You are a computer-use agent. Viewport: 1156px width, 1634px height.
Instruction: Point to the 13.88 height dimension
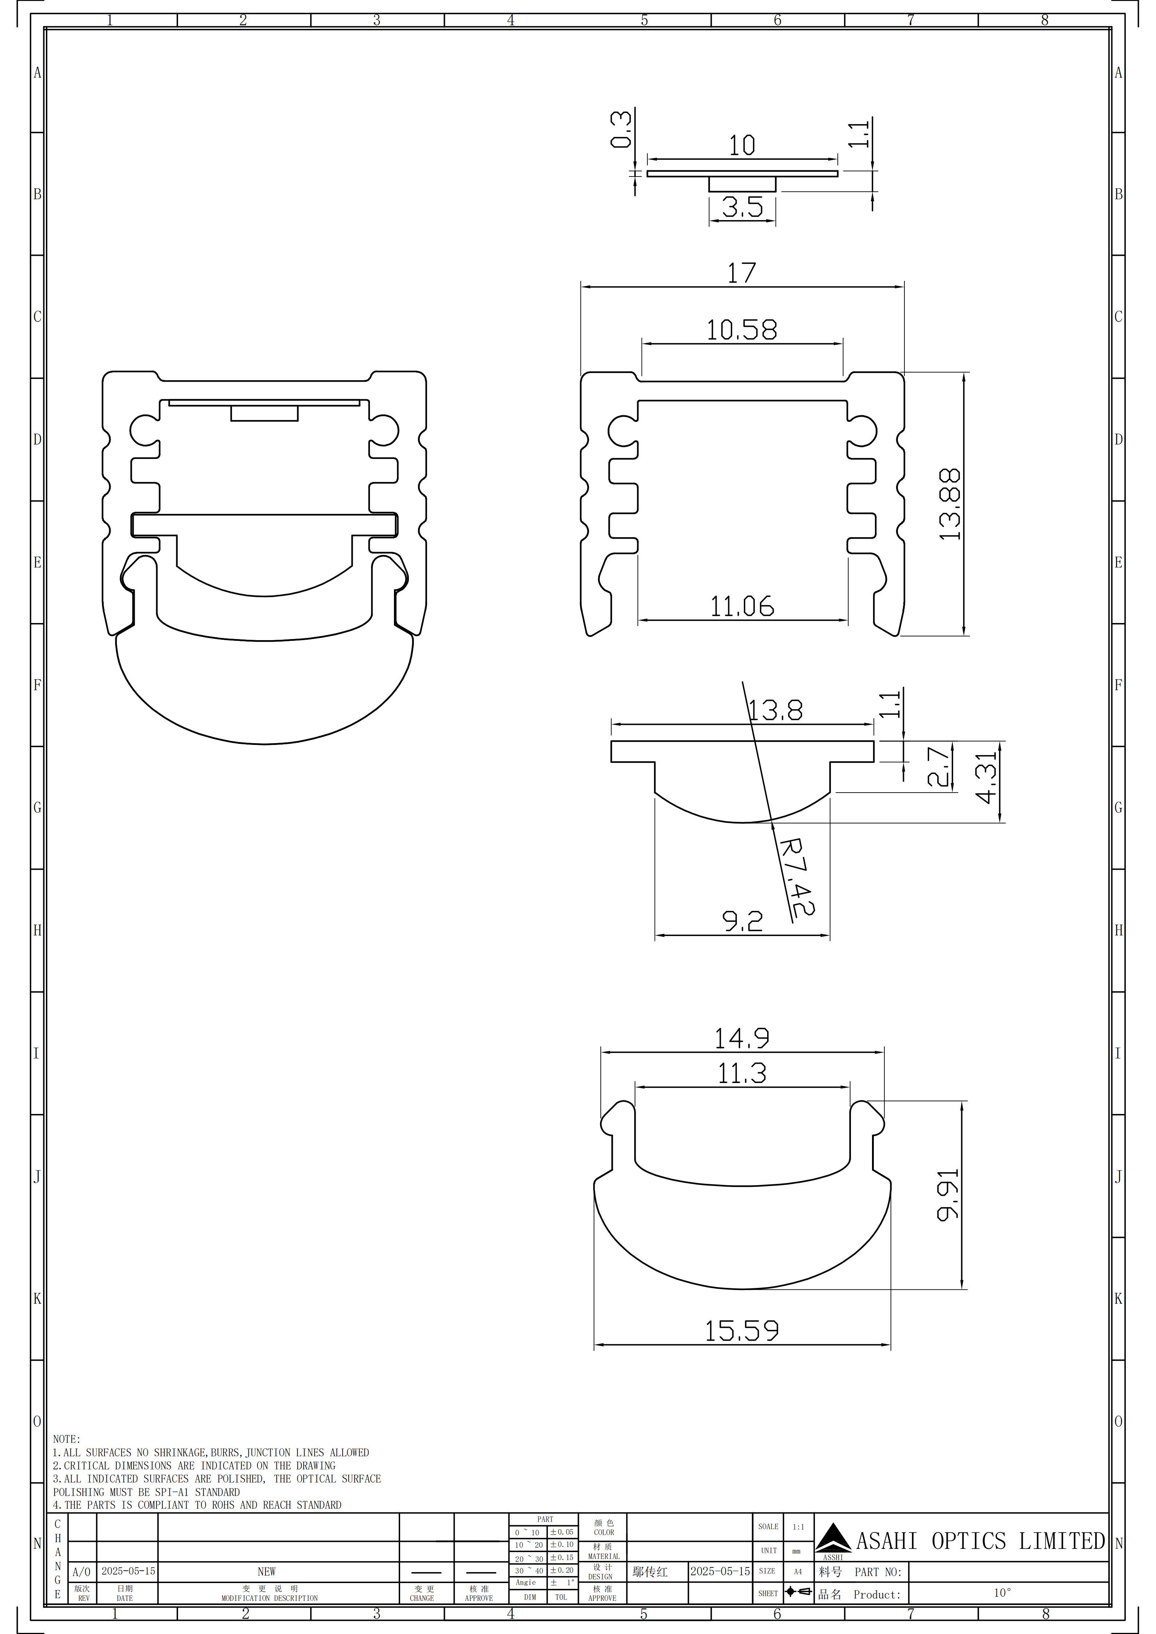click(950, 504)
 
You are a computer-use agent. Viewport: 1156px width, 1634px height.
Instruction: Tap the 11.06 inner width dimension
click(742, 606)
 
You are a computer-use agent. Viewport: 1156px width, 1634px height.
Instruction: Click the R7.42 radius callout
click(797, 877)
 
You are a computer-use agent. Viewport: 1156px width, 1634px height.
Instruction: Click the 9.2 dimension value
click(742, 921)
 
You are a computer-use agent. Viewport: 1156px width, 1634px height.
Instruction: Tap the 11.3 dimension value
click(742, 1073)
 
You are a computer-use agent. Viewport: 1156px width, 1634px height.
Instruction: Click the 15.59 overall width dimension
click(742, 1330)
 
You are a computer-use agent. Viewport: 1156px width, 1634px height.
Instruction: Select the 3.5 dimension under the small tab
click(742, 207)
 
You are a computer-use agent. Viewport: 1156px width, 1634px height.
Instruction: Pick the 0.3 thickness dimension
click(621, 129)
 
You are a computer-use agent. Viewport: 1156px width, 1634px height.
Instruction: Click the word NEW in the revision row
click(266, 1571)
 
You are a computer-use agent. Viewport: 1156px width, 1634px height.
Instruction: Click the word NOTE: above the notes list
click(66, 1439)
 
